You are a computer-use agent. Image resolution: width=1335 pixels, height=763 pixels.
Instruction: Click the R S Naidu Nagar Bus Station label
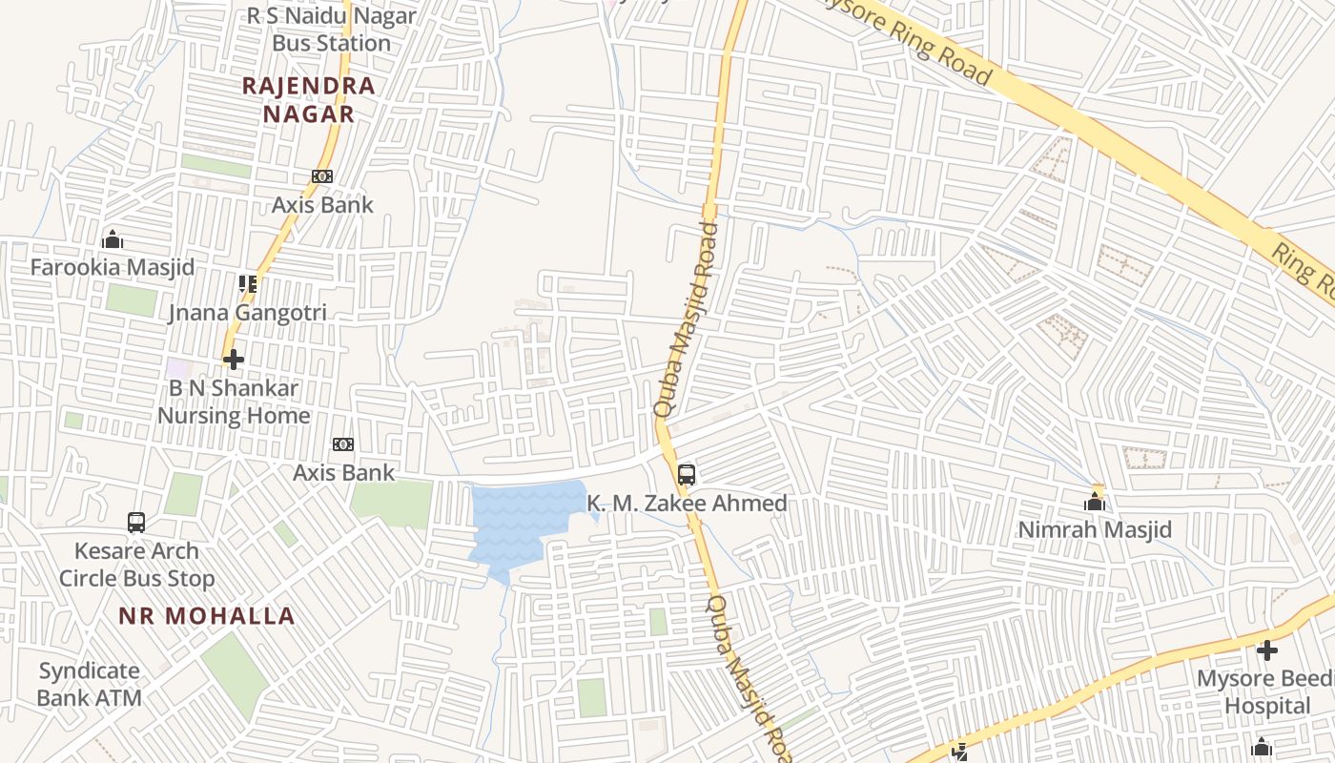(x=332, y=30)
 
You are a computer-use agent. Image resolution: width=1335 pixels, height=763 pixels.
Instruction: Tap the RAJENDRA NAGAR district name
(x=308, y=99)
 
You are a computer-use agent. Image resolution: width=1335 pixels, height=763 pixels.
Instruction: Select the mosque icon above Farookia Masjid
(x=113, y=238)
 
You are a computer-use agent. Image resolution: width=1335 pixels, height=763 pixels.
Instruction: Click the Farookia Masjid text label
(x=113, y=267)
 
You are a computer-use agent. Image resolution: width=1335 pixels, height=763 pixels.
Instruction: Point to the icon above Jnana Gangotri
(x=248, y=283)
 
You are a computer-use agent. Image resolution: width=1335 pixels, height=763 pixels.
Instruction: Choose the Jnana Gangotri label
(x=248, y=313)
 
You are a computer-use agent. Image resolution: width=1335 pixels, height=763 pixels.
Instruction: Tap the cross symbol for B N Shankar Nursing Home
(x=234, y=359)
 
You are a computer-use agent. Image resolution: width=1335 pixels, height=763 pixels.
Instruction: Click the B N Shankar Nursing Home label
(x=234, y=402)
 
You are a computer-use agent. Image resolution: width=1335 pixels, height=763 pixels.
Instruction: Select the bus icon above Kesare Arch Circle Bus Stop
(x=136, y=522)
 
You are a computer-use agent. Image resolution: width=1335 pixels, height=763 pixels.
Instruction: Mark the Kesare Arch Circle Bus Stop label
(x=136, y=565)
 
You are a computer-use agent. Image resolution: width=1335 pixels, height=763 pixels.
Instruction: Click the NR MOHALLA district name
(x=207, y=616)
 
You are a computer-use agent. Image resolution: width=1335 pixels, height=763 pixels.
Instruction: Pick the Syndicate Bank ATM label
(x=90, y=684)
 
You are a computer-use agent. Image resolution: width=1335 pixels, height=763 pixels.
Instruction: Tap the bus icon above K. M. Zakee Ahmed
(x=687, y=474)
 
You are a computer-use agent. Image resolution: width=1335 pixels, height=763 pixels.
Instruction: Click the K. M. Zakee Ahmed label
(x=687, y=503)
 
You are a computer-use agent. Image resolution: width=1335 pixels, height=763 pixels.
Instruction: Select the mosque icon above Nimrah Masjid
(x=1095, y=501)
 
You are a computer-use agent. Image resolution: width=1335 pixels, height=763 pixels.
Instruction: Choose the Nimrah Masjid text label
(x=1095, y=529)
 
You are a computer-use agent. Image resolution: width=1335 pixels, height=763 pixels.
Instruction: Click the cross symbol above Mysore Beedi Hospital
(x=1267, y=650)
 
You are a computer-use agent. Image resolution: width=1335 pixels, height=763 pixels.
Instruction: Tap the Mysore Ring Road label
(x=906, y=43)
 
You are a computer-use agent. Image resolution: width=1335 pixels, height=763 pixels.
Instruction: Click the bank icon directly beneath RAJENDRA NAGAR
(x=322, y=176)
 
